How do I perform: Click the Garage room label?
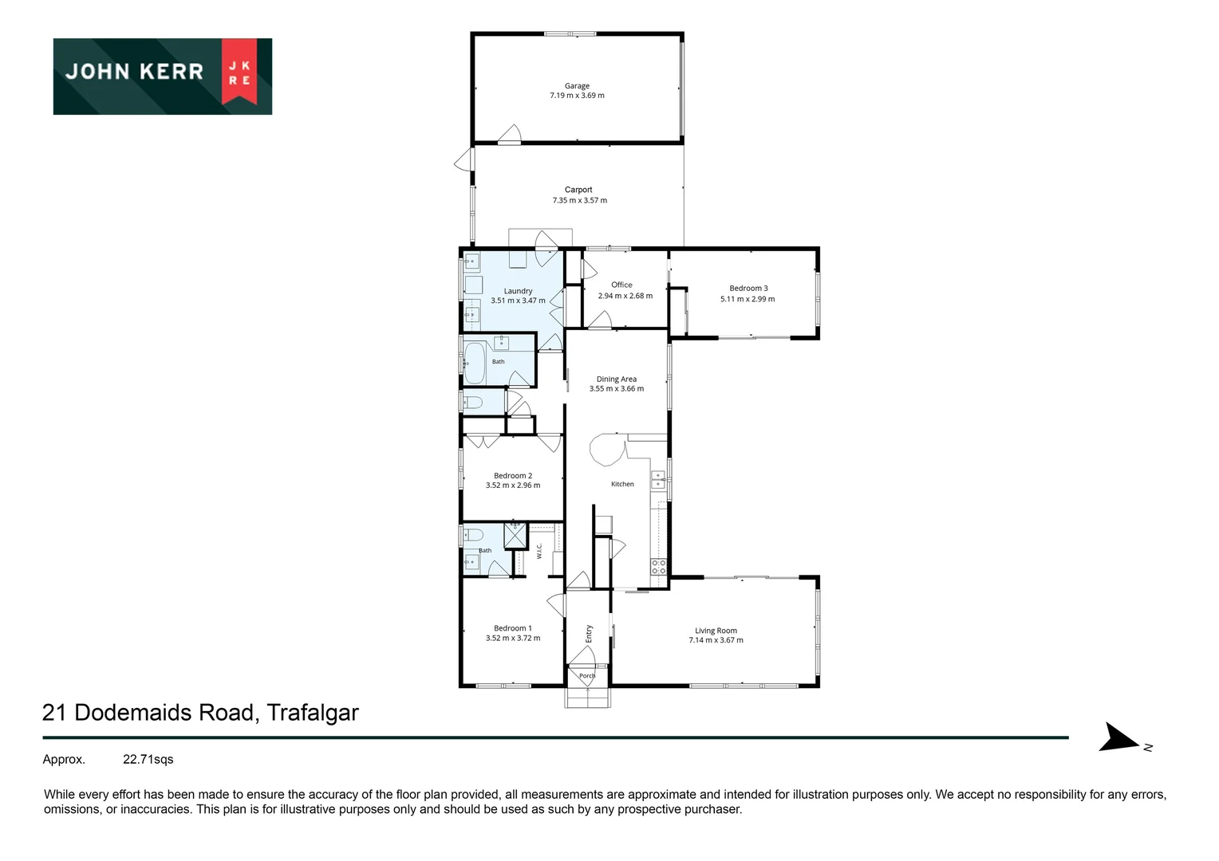pos(577,86)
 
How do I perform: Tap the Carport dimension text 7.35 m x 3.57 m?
pos(579,200)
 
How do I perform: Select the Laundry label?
pos(518,291)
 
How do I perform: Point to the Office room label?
pos(621,285)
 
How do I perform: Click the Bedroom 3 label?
pos(748,289)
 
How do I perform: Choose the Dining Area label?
pos(616,379)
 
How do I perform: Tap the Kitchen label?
pos(622,484)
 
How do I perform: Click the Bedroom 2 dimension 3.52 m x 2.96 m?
pos(513,486)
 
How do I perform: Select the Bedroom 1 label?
pos(513,628)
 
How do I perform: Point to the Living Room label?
pos(716,631)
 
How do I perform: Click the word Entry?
pos(589,634)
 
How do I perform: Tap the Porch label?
pos(587,676)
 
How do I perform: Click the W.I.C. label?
pos(539,551)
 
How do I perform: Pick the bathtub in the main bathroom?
pos(475,363)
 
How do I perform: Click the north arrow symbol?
pos(1118,738)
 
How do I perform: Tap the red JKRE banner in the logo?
pos(239,71)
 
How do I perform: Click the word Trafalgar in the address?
pos(313,713)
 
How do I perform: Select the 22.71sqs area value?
pos(148,759)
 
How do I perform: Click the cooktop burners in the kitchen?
pos(658,567)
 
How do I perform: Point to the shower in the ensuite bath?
pos(515,535)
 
